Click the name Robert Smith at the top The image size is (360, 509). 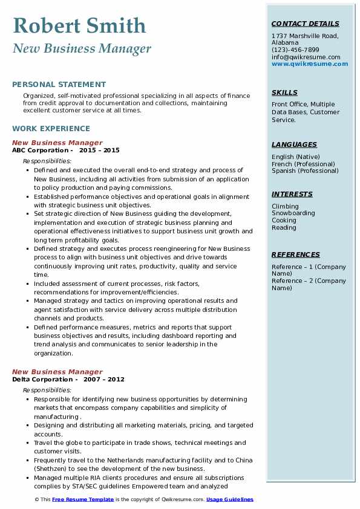(x=79, y=25)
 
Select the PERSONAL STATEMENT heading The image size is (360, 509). (x=59, y=85)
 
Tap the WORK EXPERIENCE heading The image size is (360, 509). (x=51, y=129)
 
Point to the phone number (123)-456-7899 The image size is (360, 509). (x=295, y=50)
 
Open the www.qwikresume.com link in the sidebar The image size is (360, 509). (x=309, y=63)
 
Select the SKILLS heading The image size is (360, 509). (x=284, y=92)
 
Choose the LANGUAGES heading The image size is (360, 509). (x=294, y=144)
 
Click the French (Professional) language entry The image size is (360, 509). (x=303, y=164)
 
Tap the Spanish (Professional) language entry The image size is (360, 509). (x=304, y=170)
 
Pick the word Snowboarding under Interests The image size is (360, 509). (x=293, y=213)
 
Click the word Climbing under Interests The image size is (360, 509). (x=285, y=206)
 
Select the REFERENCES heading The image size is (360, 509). (x=296, y=254)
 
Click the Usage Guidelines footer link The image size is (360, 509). (x=230, y=499)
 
